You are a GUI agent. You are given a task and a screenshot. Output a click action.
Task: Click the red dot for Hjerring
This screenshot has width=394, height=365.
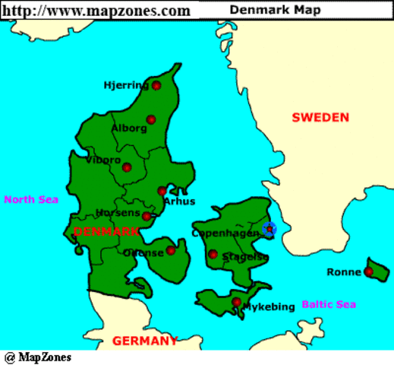pyautogui.click(x=156, y=86)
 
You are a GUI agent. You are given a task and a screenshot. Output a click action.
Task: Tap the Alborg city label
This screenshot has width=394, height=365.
pyautogui.click(x=129, y=128)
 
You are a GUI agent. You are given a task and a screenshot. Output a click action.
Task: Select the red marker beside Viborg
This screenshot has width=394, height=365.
pyautogui.click(x=127, y=167)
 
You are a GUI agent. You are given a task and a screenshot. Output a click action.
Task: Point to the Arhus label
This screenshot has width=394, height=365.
pyautogui.click(x=179, y=202)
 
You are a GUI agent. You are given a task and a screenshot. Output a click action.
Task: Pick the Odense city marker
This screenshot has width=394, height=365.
pyautogui.click(x=172, y=250)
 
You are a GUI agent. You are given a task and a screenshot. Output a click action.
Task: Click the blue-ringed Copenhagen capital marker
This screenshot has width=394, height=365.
pyautogui.click(x=269, y=228)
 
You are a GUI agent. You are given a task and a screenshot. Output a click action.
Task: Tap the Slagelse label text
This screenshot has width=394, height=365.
pyautogui.click(x=245, y=258)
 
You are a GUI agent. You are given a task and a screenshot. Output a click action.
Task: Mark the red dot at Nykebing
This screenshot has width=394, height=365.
pyautogui.click(x=237, y=302)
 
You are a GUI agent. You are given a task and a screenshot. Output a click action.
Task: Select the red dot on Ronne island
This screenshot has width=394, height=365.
pyautogui.click(x=369, y=271)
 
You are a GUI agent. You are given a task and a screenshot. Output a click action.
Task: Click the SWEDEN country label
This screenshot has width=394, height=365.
pyautogui.click(x=320, y=117)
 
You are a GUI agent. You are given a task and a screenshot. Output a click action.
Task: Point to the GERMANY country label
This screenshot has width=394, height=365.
pyautogui.click(x=145, y=341)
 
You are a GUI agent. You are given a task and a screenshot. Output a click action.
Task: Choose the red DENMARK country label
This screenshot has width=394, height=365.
pyautogui.click(x=106, y=230)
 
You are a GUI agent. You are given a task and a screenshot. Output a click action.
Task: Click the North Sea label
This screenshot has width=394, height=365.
pyautogui.click(x=31, y=200)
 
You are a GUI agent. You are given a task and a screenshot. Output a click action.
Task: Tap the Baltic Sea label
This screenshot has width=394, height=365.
pyautogui.click(x=329, y=304)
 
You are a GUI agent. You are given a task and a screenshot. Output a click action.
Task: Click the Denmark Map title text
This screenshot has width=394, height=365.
pyautogui.click(x=285, y=10)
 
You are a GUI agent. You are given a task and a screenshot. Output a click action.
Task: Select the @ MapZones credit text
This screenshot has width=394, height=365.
pyautogui.click(x=38, y=357)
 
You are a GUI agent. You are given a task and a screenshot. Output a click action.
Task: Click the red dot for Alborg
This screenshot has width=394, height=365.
pyautogui.click(x=151, y=119)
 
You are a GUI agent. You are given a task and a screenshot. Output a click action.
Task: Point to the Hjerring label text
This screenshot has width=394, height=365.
pyautogui.click(x=126, y=85)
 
